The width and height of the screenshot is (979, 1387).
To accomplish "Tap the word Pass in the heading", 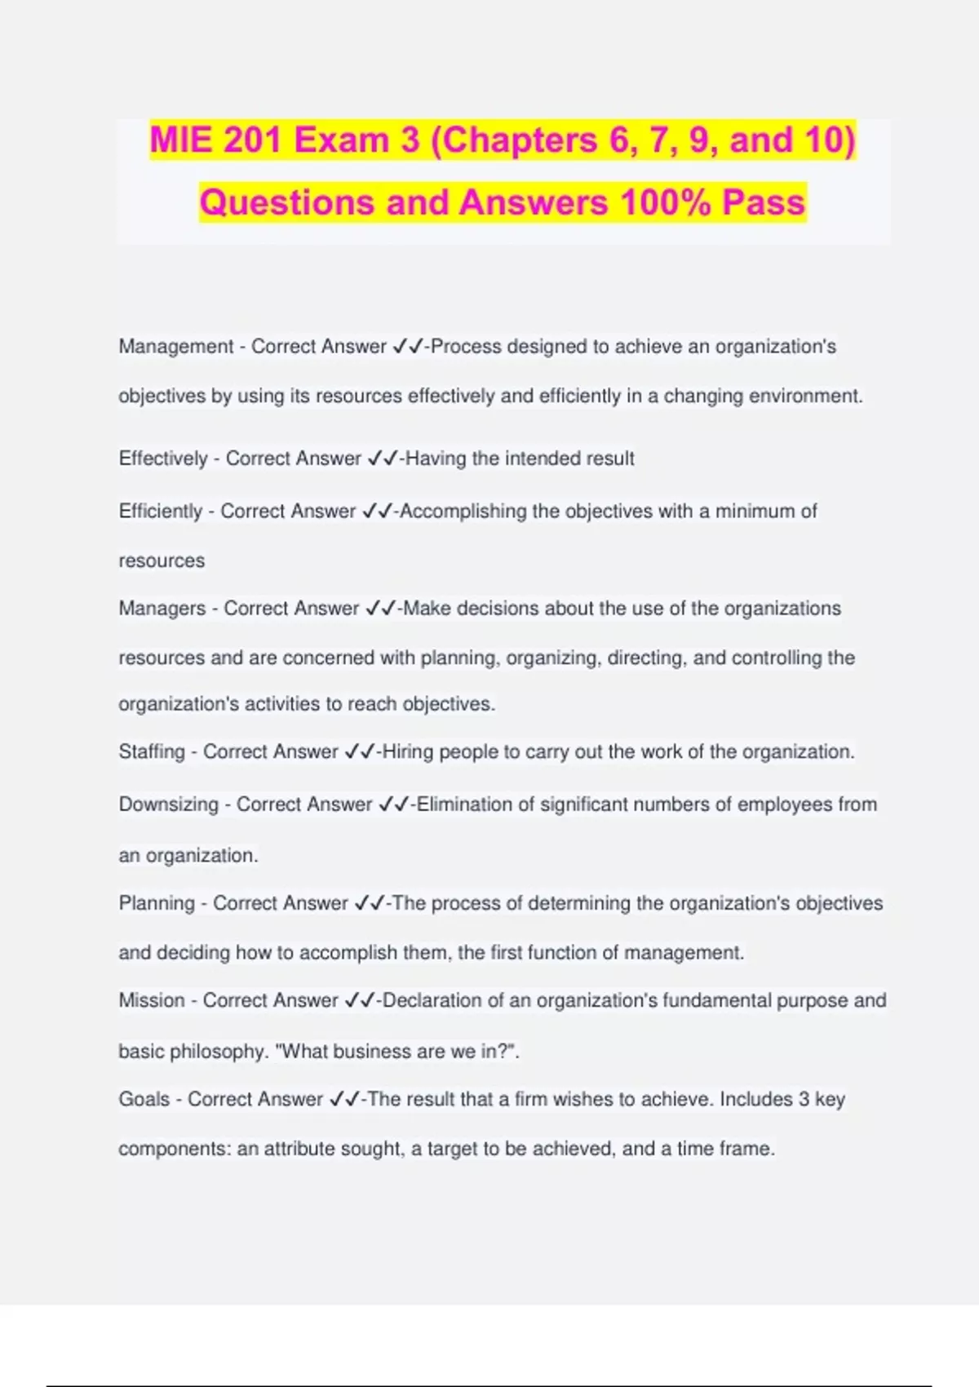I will click(764, 202).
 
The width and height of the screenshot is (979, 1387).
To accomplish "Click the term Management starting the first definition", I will click(176, 347).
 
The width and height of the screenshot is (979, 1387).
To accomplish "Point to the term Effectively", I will click(163, 459).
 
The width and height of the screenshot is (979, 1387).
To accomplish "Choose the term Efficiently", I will click(161, 512).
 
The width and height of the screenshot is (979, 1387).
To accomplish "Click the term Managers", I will click(162, 609).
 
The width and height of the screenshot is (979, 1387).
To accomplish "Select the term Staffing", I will click(152, 751).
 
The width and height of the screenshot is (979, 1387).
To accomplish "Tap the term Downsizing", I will click(169, 804).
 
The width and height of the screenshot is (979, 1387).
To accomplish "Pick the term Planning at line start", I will click(157, 903).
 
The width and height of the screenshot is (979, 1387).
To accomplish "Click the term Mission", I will click(152, 1000).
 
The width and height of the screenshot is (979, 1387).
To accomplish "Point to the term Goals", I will click(144, 1099).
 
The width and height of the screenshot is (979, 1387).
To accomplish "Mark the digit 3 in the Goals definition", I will click(804, 1099).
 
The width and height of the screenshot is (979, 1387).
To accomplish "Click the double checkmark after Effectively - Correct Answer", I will click(382, 459).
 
